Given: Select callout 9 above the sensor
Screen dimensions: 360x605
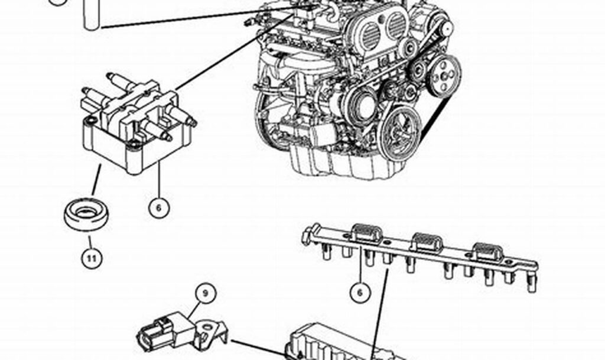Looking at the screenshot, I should [207, 292].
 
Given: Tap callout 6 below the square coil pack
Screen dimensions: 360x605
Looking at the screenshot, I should [159, 207].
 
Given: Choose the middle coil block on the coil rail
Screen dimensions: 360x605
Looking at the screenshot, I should [427, 242].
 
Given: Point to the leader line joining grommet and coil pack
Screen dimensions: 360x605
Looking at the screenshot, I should [94, 183].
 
